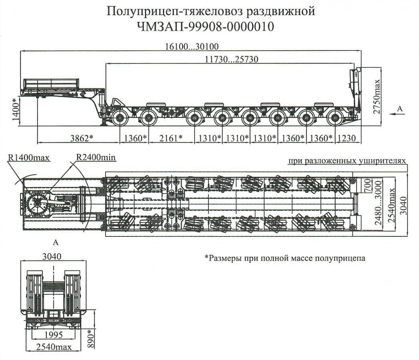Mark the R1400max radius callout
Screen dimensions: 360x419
point(28,157)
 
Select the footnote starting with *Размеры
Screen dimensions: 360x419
point(285,258)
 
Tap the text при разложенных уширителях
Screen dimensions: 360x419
point(347,161)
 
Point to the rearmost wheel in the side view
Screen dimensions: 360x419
point(335,118)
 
